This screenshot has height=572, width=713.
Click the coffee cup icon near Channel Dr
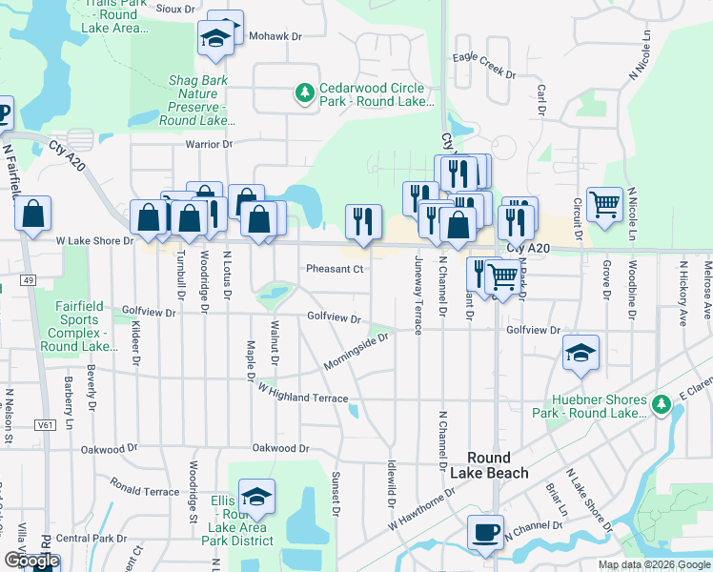click(x=485, y=532)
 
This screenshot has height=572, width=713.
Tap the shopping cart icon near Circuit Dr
click(x=604, y=204)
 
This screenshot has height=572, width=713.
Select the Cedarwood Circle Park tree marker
click(x=304, y=93)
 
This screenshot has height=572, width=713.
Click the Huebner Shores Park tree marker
click(x=662, y=406)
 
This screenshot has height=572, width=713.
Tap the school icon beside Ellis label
click(x=255, y=497)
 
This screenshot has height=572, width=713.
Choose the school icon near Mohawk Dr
click(x=214, y=40)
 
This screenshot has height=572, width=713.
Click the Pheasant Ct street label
click(x=336, y=269)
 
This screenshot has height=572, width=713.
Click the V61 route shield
click(x=44, y=424)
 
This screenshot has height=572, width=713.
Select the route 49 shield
click(x=29, y=280)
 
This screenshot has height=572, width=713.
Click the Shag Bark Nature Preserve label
click(x=197, y=100)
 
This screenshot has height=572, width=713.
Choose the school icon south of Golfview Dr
click(x=581, y=352)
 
